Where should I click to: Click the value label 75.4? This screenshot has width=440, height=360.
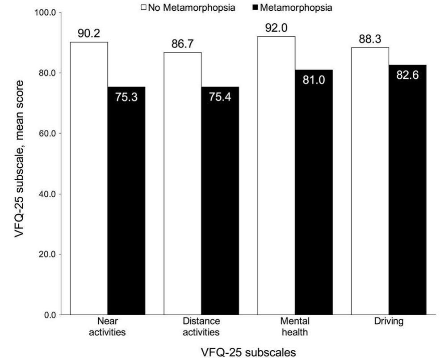(x=220, y=97)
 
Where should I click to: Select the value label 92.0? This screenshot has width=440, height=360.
(x=276, y=32)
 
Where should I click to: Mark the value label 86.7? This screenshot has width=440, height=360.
(x=182, y=45)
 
